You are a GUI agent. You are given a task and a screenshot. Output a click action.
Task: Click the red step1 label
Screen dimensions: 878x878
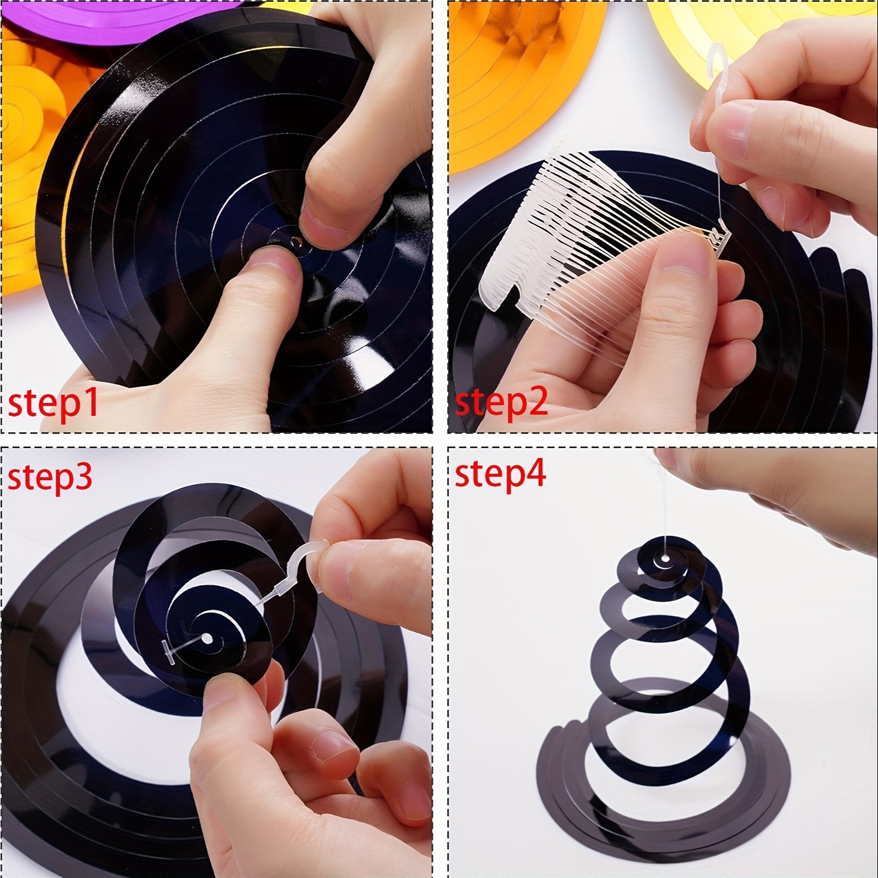[53, 403]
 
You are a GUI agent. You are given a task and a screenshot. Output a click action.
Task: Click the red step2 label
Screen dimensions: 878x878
[501, 403]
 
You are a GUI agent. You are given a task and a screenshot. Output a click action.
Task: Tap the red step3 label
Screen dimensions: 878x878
[50, 476]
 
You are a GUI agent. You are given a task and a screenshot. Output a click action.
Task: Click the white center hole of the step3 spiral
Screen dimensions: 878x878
[206, 637]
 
